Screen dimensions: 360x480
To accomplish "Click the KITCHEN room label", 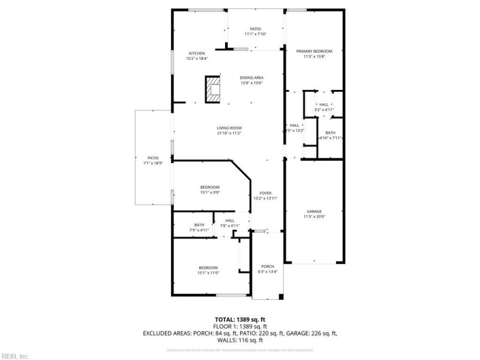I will [197, 53].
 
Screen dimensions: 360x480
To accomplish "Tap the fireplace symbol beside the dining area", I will [212, 89].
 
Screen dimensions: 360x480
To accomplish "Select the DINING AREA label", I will [252, 78].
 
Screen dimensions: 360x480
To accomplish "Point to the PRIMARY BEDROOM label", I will [314, 52].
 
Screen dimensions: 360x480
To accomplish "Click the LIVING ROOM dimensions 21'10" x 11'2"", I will [229, 133].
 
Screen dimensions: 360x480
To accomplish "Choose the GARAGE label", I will [314, 212].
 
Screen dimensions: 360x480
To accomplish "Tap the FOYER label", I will [265, 193].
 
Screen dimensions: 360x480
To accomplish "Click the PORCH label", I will [268, 266].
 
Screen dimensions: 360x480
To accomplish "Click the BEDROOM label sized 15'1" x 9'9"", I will [210, 187].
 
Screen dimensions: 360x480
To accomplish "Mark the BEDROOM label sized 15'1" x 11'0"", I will [208, 268].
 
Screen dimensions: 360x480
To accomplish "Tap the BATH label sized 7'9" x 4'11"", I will [199, 225].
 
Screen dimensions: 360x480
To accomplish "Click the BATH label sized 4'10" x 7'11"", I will [331, 133].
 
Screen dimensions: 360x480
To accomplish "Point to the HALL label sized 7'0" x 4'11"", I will [230, 221].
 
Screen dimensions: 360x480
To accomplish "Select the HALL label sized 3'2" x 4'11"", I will [324, 105].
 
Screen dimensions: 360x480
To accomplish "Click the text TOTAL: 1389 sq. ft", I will [239, 319].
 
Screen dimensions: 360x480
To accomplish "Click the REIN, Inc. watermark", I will [16, 356].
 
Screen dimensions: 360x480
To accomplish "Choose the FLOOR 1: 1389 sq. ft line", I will [239, 326].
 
